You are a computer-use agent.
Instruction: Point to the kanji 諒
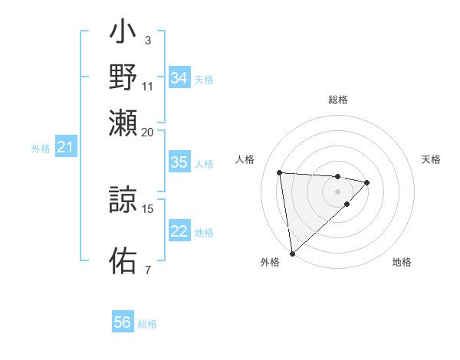[x=123, y=201]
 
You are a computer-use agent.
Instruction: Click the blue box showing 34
[x=179, y=78]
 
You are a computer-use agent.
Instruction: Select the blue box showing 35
[x=179, y=162]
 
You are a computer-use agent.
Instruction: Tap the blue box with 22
[x=179, y=232]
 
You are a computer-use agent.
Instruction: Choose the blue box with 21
[x=65, y=147]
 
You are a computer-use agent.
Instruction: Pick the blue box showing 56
[x=123, y=322]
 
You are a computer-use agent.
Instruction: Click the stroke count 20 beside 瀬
[x=148, y=132]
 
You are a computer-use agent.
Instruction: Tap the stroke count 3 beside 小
[x=147, y=40]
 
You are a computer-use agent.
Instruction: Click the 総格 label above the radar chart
[x=338, y=100]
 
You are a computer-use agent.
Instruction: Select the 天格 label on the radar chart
[x=431, y=159]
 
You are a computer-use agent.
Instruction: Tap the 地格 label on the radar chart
[x=402, y=262]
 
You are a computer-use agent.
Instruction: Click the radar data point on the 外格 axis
[x=292, y=253]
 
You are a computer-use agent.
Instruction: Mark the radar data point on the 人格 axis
[x=280, y=172]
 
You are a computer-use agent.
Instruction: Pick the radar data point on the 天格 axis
[x=367, y=182]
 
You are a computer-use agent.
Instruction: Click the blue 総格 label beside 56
[x=147, y=324]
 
